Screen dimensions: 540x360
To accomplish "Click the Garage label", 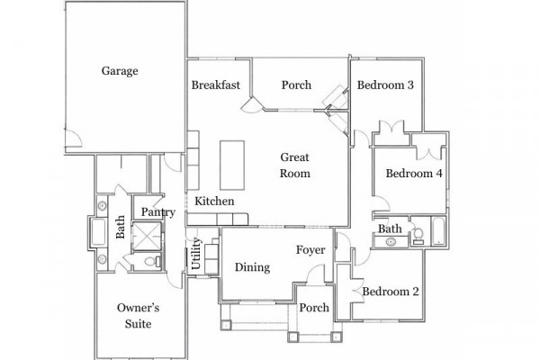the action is (x=120, y=71).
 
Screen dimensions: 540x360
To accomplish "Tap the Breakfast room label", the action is (x=216, y=85).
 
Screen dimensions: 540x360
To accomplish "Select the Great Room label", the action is (x=295, y=166).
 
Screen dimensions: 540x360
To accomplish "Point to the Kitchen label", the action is (x=214, y=202).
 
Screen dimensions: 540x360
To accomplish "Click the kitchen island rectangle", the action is (x=232, y=165).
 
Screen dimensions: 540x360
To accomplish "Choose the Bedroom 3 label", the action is (x=385, y=85).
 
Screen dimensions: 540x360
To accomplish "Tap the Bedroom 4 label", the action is (x=414, y=174).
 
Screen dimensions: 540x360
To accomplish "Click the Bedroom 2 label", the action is (x=391, y=292).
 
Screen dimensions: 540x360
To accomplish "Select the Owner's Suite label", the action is (x=138, y=316).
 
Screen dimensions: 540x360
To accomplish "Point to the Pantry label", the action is (x=158, y=212).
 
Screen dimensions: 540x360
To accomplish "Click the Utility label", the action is (x=195, y=253).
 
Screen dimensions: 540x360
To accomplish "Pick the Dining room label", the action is (x=252, y=267).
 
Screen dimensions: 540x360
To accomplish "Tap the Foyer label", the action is (x=310, y=250).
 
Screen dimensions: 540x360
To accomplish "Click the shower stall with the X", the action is (x=147, y=236).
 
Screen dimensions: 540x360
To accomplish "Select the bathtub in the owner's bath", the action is (x=98, y=232).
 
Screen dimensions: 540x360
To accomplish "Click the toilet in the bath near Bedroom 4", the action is (x=418, y=236).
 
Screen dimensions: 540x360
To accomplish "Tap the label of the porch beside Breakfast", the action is (x=296, y=85).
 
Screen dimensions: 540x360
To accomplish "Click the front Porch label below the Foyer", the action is (x=314, y=308).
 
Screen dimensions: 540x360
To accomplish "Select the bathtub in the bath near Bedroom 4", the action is (x=438, y=230).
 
